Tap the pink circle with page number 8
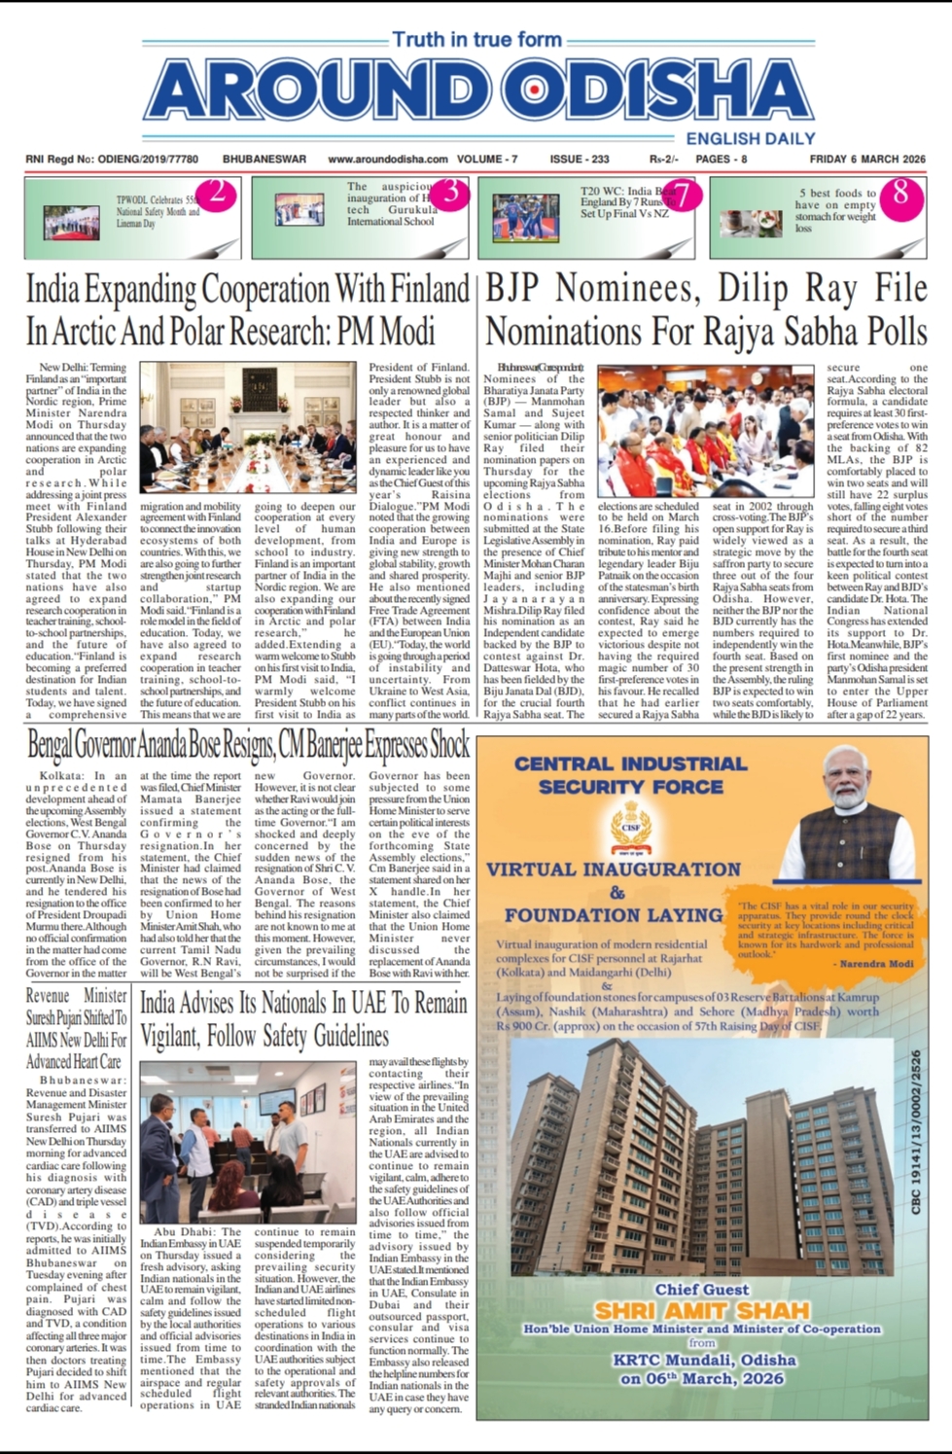point(900,194)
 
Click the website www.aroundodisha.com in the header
point(388,160)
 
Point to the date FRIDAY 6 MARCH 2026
point(867,160)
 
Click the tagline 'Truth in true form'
point(476,40)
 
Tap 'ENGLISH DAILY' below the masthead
point(750,139)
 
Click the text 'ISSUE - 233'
point(580,160)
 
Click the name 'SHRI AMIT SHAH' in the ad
point(702,1310)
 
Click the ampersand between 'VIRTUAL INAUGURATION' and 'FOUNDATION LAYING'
point(617,892)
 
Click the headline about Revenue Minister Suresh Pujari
point(76,1028)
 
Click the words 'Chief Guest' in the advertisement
point(702,1289)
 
